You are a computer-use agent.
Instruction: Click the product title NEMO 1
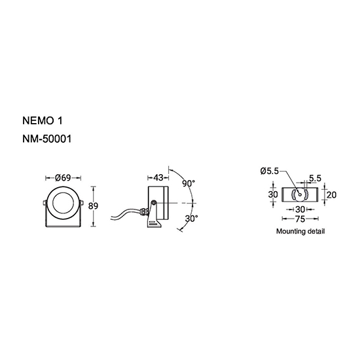click(43, 121)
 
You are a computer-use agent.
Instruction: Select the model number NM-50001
click(47, 139)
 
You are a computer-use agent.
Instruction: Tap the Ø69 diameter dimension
click(63, 177)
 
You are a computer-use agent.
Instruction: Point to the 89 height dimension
click(93, 206)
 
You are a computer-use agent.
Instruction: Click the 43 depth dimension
click(158, 177)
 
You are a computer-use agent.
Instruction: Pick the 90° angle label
click(189, 183)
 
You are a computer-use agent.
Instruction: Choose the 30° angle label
click(192, 219)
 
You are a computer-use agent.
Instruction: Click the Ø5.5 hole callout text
click(270, 171)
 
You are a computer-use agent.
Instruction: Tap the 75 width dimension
click(300, 219)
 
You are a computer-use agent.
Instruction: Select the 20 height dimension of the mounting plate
click(331, 194)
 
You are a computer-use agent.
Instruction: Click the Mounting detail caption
click(300, 231)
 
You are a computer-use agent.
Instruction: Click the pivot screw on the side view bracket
click(154, 203)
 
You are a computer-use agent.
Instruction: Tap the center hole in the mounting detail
click(300, 194)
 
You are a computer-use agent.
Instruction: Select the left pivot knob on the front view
click(45, 202)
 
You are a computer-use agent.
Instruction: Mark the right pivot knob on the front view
click(82, 202)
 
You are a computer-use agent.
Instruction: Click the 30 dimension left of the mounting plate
click(273, 194)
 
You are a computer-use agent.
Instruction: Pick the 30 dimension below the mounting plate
click(300, 209)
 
